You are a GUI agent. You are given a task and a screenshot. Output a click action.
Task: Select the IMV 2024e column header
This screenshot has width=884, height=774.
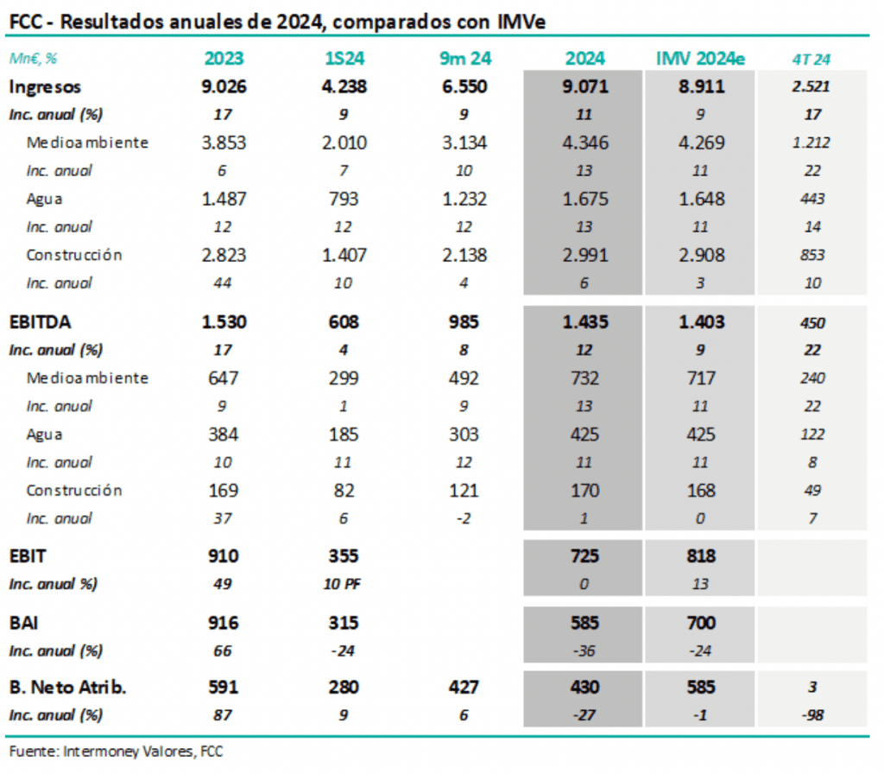click(700, 59)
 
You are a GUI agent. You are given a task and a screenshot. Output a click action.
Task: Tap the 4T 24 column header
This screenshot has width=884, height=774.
click(811, 60)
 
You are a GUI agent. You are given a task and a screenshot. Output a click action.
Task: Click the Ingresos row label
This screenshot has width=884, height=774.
click(45, 86)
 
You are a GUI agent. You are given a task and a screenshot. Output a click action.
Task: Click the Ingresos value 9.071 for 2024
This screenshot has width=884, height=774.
click(584, 86)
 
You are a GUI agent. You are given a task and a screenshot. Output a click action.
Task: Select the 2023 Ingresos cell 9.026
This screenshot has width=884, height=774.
click(224, 86)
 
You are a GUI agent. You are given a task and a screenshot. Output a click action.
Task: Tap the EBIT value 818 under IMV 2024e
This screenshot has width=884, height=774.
click(700, 555)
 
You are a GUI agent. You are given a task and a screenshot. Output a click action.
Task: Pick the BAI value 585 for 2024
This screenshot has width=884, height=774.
click(584, 622)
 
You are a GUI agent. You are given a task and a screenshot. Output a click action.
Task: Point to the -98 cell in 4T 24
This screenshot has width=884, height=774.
click(811, 716)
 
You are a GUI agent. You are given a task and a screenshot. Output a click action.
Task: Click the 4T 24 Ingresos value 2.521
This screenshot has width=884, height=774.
click(811, 86)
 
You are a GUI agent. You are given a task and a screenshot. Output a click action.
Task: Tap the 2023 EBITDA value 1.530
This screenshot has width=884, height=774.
click(224, 322)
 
